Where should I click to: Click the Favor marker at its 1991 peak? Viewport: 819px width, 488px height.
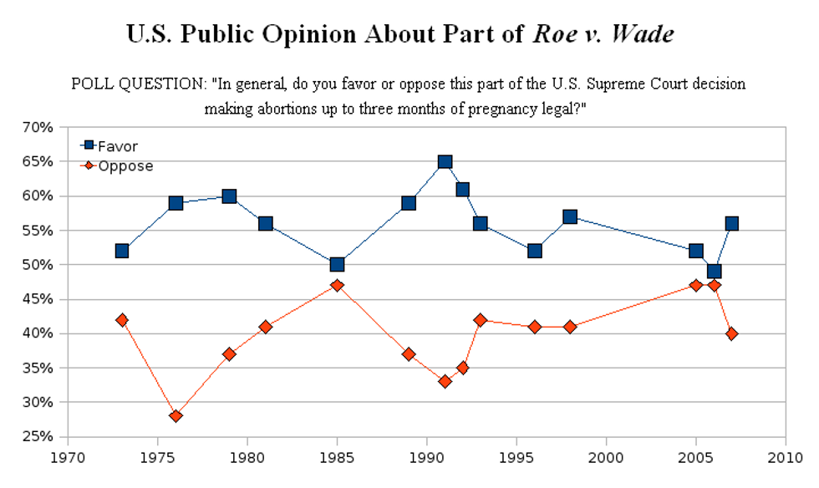coord(445,161)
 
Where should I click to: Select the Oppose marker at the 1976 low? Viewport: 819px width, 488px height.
coord(175,416)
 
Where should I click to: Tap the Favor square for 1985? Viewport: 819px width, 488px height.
coord(337,264)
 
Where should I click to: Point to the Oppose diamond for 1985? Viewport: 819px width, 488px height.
coord(337,285)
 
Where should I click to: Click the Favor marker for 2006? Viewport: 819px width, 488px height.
coord(714,272)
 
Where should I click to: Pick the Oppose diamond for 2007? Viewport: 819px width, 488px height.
coord(732,333)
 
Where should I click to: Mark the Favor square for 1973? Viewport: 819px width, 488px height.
coord(122,251)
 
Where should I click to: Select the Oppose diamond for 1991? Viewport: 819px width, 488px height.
coord(445,381)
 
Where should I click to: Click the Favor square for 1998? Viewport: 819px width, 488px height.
coord(570,216)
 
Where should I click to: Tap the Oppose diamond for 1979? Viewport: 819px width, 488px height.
coord(229,353)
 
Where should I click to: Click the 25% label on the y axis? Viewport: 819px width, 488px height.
coord(38,437)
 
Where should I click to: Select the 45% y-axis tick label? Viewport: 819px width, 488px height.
coord(38,299)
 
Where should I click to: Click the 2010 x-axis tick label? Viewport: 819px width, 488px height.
coord(785,459)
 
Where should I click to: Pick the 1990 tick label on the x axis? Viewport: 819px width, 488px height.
coord(426,459)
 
